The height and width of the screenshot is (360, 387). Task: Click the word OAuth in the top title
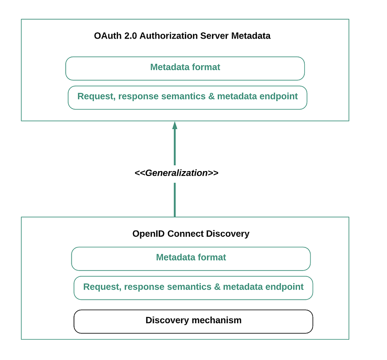[x=108, y=36]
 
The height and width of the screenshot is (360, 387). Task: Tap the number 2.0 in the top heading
[x=131, y=36]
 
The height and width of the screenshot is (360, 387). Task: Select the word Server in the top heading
[x=214, y=36]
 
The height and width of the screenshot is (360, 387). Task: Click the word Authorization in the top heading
[x=169, y=36]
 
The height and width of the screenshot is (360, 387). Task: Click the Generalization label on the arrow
[x=177, y=173]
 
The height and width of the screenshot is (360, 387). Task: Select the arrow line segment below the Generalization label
[x=175, y=200]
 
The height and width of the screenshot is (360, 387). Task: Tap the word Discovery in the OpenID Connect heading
[x=227, y=233]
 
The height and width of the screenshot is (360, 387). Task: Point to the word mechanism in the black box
[x=216, y=320]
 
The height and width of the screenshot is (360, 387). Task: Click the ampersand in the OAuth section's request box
[x=211, y=96]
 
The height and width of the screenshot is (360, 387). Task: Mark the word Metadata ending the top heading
[x=251, y=36]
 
